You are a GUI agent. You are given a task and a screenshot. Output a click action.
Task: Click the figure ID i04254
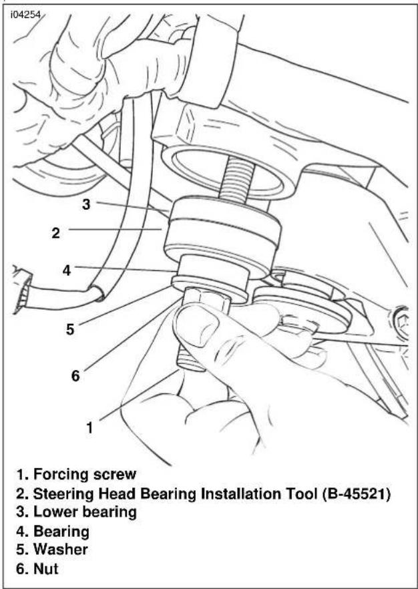[x=25, y=16]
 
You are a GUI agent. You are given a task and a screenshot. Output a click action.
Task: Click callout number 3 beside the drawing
[x=86, y=204]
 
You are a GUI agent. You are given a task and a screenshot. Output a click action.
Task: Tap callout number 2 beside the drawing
[x=55, y=233]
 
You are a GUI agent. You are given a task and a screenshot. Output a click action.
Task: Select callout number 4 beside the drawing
[x=67, y=270]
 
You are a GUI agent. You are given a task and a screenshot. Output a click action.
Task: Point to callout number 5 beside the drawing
[x=70, y=329]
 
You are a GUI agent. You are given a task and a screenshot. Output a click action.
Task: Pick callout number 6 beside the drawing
[x=75, y=375]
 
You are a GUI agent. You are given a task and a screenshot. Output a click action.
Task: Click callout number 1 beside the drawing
[x=89, y=427]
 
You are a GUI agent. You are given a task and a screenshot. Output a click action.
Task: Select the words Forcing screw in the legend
[x=85, y=474]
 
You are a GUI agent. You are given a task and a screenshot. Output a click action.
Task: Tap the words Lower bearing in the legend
[x=85, y=512]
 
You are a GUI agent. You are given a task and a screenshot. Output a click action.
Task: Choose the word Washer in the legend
[x=61, y=549]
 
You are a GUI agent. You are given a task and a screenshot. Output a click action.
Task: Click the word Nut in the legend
[x=46, y=568]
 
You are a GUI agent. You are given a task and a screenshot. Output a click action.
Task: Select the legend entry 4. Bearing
[x=53, y=531]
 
